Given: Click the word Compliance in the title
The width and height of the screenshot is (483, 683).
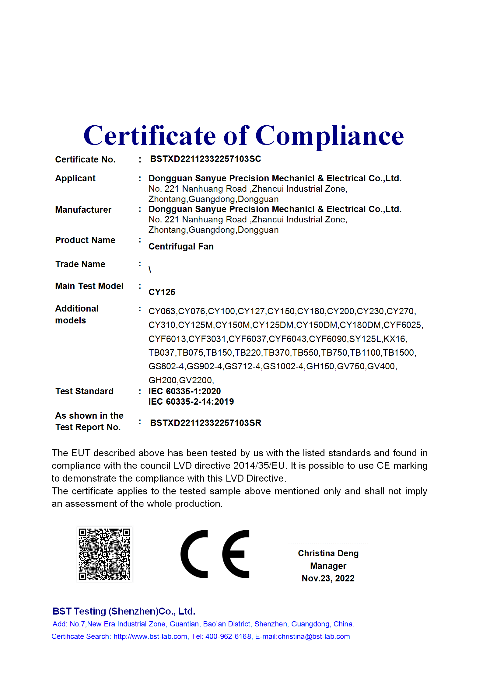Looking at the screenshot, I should pos(329,136).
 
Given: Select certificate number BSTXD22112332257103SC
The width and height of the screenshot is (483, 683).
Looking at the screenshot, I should pos(205,159).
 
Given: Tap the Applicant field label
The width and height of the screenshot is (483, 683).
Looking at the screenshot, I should pos(75,178).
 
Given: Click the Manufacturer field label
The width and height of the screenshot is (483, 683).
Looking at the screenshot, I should pos(83,210).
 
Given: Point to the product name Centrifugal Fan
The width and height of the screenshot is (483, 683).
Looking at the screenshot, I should pos(181,246).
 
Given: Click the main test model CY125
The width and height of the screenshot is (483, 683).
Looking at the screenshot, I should pos(162,292).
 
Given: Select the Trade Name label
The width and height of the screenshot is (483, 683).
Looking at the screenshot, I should pos(80,264).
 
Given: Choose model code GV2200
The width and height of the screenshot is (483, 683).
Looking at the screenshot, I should pos(195,380).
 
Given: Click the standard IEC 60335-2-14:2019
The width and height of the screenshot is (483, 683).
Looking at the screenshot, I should pos(191,402).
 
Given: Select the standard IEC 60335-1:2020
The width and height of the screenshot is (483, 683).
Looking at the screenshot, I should pos(184,391).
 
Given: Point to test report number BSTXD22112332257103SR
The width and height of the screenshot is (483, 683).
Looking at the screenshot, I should pos(205,423).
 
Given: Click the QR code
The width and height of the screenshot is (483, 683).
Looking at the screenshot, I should pos(104,554).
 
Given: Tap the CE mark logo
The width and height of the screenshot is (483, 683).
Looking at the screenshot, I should pos(215,554).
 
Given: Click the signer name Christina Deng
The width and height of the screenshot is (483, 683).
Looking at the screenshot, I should pos(328,553).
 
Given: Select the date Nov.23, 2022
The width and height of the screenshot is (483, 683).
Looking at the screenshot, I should pos(328,578).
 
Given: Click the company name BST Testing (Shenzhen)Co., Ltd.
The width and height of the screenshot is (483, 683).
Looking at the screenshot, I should pos(124,611).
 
